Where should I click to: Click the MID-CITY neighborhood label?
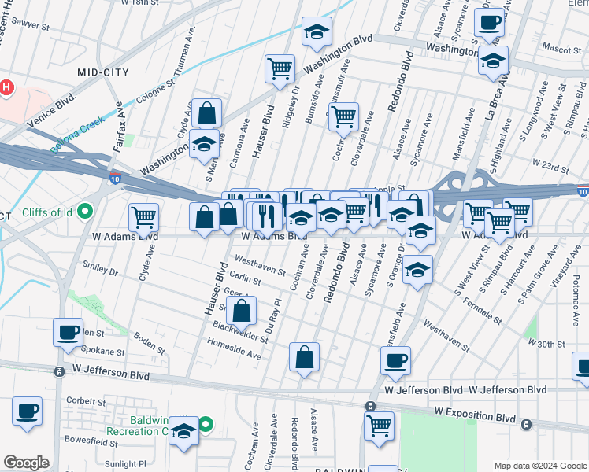pos(103,72)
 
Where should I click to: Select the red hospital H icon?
pos(7,87)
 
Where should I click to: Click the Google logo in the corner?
pos(26,463)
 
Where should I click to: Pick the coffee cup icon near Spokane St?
pos(68,330)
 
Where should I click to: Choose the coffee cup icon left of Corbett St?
pos(28,411)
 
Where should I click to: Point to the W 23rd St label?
pos(550,164)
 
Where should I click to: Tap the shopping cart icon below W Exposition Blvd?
pos(379,426)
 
